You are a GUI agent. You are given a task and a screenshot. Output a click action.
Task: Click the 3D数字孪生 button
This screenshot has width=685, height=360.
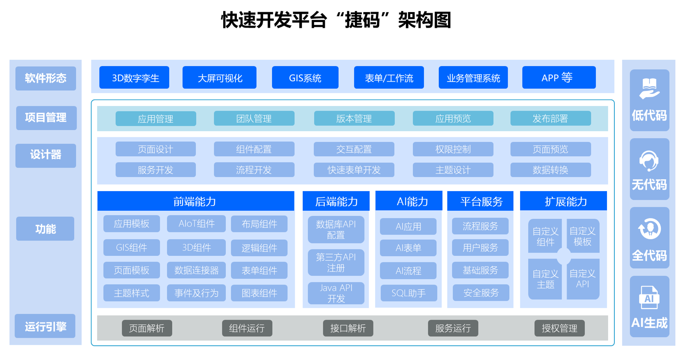[x=134, y=78]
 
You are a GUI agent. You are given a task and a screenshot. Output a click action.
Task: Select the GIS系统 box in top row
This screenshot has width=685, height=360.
[x=305, y=78]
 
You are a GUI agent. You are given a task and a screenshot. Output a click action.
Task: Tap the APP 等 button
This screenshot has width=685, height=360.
[x=559, y=78]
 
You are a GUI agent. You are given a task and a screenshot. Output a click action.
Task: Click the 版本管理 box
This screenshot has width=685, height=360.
[x=354, y=119]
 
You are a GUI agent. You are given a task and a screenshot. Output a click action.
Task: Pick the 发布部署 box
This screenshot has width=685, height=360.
[x=550, y=119]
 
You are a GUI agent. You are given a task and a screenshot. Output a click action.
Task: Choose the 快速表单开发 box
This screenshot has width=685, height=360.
[x=354, y=170]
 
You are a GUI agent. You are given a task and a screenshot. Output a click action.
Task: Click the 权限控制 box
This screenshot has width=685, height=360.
[x=453, y=149]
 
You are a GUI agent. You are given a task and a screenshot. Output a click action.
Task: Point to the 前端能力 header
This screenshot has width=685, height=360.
[x=195, y=201]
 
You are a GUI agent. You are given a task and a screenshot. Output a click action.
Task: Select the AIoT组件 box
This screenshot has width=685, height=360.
[x=196, y=224]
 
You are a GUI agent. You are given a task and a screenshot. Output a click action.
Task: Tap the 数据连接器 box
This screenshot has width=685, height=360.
[x=196, y=270]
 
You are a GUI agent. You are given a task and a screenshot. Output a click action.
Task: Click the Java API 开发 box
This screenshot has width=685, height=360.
[x=336, y=293]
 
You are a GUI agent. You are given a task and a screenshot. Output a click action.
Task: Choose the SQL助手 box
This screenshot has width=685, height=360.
[x=409, y=293]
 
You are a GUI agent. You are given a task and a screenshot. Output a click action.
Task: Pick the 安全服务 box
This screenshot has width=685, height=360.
[x=481, y=293]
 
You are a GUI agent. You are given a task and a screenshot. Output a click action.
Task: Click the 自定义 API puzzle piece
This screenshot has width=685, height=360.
[x=583, y=279]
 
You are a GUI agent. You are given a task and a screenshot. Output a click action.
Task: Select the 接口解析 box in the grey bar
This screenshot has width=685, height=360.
[x=348, y=328]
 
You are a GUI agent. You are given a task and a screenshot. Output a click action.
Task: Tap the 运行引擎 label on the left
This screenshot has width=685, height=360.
[x=45, y=326]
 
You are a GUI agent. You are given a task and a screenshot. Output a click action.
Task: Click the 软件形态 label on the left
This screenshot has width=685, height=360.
[x=46, y=78]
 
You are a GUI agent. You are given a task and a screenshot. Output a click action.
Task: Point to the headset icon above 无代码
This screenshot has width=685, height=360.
[x=649, y=161]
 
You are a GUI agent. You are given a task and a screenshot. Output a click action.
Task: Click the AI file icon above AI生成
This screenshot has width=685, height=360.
[x=649, y=298]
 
